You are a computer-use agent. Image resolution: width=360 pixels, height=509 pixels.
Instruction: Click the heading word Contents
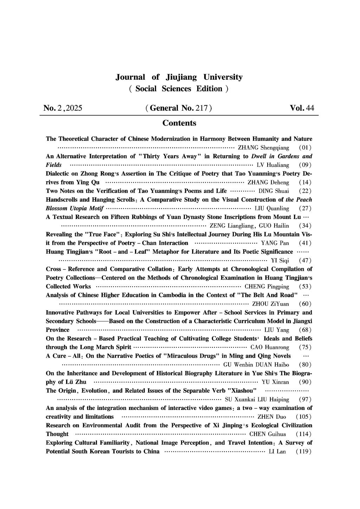click(179, 123)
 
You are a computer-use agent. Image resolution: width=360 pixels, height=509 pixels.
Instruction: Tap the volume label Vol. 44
click(302, 108)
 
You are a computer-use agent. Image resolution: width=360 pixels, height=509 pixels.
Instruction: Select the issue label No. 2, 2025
click(63, 108)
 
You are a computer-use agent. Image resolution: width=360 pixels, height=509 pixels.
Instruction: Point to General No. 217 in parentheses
click(179, 108)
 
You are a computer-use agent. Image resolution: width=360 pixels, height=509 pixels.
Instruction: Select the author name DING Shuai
click(274, 191)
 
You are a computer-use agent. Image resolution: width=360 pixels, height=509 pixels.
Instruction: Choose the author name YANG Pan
click(275, 243)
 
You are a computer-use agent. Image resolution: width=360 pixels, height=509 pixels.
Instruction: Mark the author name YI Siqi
click(280, 260)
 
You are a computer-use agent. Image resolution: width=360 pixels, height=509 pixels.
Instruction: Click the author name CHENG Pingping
click(267, 286)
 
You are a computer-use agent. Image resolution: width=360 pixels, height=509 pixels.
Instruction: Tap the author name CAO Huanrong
click(270, 347)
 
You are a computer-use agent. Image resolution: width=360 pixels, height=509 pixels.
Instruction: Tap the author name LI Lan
click(277, 451)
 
